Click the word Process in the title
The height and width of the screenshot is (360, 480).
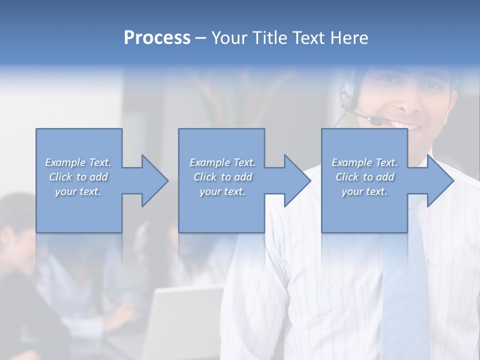click(157, 38)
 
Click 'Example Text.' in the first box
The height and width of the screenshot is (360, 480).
click(78, 162)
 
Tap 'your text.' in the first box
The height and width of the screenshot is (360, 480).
click(78, 191)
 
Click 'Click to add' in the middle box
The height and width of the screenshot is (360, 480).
click(222, 177)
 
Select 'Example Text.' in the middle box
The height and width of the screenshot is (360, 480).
click(222, 162)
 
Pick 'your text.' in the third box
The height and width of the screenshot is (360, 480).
click(364, 191)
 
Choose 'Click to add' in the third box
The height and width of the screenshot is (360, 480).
click(364, 177)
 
